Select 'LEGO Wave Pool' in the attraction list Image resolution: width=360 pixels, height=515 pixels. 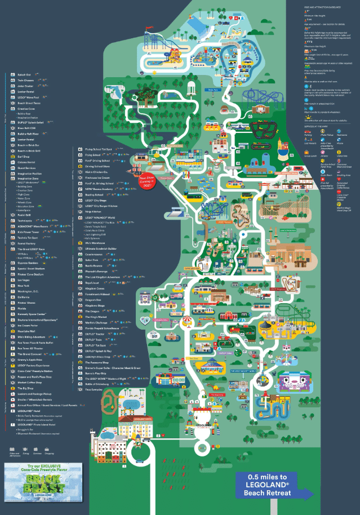[30, 97]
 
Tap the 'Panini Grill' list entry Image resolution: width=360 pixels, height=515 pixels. [24, 215]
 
